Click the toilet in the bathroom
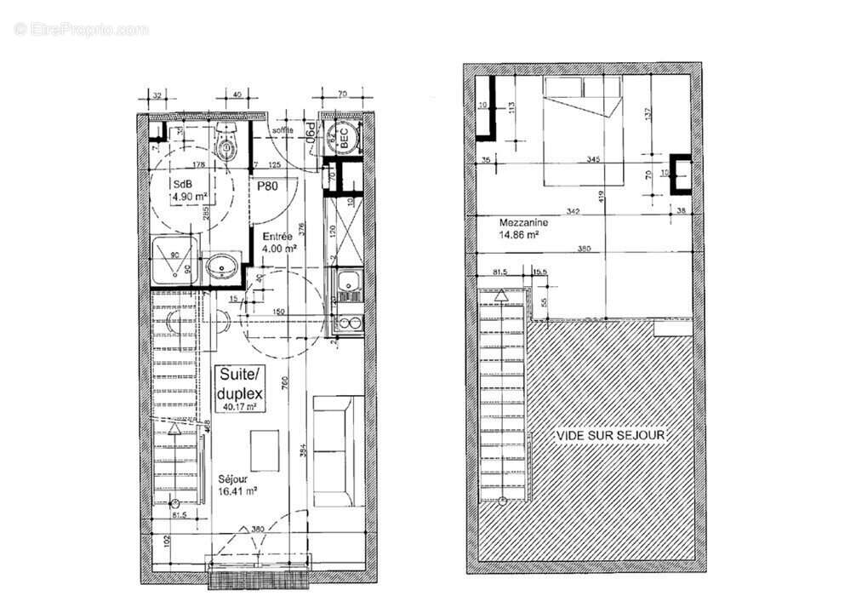pyautogui.click(x=227, y=146)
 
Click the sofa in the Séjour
pyautogui.click(x=334, y=451)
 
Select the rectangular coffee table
pyautogui.click(x=265, y=449)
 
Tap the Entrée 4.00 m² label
pyautogui.click(x=278, y=243)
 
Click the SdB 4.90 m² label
pyautogui.click(x=189, y=191)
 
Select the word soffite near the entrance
pyautogui.click(x=282, y=129)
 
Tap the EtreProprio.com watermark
pyautogui.click(x=81, y=29)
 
